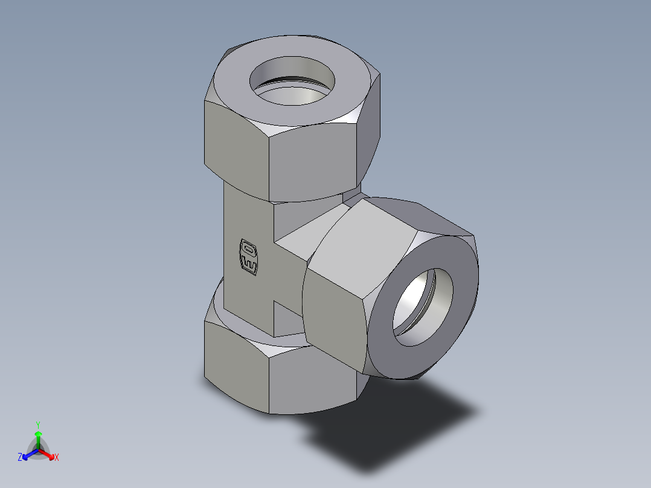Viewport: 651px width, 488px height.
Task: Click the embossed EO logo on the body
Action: tap(249, 256)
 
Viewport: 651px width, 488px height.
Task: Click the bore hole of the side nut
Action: tap(423, 307)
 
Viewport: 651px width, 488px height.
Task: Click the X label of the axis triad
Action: tap(57, 458)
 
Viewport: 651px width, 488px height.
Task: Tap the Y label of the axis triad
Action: tap(37, 424)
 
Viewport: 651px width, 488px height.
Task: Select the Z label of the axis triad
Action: tap(20, 458)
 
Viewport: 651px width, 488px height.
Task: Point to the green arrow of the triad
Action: tap(38, 438)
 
